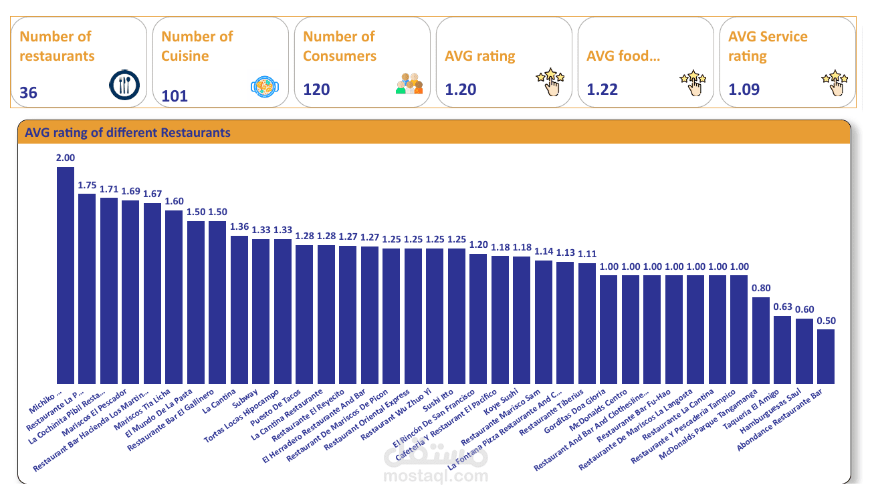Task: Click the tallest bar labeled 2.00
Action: [x=66, y=274]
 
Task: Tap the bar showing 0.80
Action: [x=761, y=340]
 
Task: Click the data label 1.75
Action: [x=87, y=186]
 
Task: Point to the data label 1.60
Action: [x=174, y=202]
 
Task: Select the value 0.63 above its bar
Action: [x=782, y=307]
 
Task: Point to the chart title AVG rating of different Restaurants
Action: [x=128, y=133]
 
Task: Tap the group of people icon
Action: [x=409, y=84]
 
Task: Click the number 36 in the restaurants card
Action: [x=29, y=93]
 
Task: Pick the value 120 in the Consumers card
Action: [x=317, y=90]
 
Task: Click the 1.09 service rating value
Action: [x=744, y=89]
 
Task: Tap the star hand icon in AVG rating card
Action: [x=550, y=81]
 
